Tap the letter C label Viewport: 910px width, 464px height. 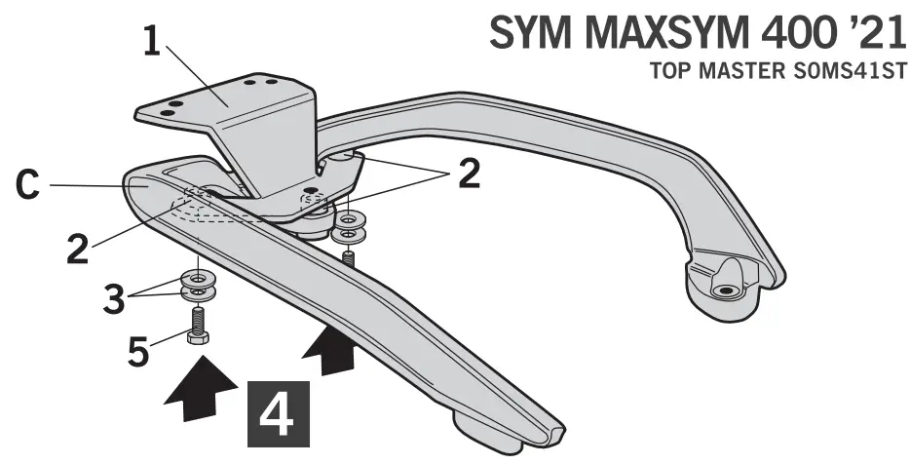tap(29, 186)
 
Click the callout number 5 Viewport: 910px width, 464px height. tap(139, 350)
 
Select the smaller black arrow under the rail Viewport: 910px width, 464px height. tap(328, 349)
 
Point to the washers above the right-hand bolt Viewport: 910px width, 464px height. tap(348, 225)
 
